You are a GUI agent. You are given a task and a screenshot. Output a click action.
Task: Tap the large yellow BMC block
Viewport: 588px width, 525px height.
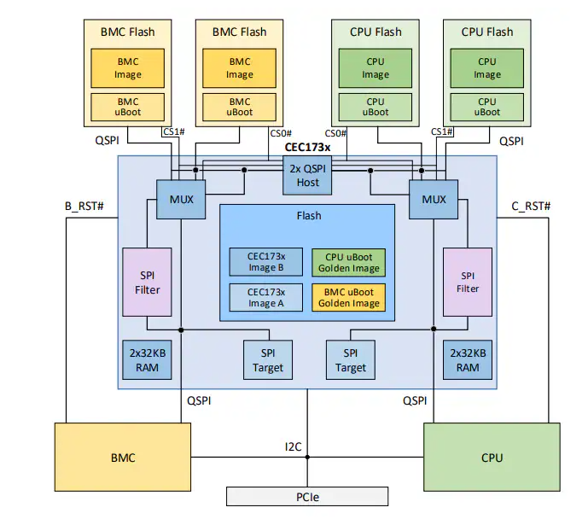click(123, 458)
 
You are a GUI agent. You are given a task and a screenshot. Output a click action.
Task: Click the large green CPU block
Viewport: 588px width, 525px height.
click(492, 458)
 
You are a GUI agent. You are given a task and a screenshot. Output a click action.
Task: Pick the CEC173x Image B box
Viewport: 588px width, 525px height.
click(265, 262)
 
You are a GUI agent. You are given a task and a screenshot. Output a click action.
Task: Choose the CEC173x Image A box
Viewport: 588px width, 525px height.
click(265, 297)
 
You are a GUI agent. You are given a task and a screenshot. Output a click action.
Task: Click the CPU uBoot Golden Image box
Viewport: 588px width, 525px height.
click(348, 262)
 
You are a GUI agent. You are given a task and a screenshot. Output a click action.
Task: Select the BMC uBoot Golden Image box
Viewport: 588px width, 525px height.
click(348, 297)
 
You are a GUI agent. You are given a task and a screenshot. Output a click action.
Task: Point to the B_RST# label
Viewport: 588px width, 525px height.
click(84, 207)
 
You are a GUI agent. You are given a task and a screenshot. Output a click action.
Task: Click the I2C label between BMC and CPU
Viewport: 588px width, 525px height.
click(294, 445)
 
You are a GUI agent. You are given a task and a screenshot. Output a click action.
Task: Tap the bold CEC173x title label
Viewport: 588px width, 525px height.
click(308, 147)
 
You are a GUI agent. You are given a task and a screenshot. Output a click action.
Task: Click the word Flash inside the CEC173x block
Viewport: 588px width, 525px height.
click(308, 216)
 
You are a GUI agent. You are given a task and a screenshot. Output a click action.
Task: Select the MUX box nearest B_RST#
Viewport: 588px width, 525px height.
click(182, 200)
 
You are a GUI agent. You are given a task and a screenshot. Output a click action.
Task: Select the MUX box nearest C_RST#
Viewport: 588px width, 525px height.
click(434, 200)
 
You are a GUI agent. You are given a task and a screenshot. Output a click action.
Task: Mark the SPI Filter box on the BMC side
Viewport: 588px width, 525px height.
click(148, 283)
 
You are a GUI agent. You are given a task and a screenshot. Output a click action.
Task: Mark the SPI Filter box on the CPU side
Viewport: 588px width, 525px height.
click(468, 283)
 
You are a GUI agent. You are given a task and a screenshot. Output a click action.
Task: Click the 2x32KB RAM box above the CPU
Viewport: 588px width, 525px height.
click(468, 360)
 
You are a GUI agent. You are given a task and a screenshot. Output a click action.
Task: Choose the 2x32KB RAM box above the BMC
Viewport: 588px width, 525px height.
click(148, 360)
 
